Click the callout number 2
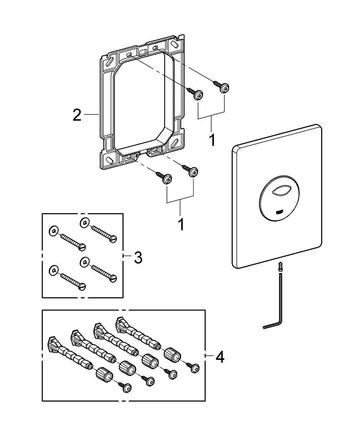coord(77,115)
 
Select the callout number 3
coord(138,257)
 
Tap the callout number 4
coord(220,358)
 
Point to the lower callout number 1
coord(181,224)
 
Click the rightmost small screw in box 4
coord(194,368)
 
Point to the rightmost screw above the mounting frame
coord(224,88)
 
